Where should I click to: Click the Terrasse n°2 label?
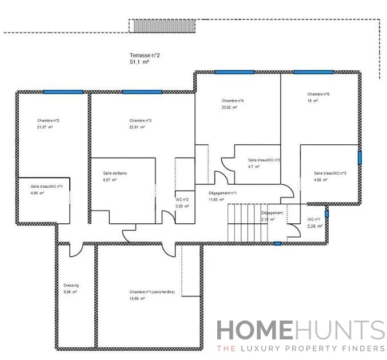[x=145, y=56]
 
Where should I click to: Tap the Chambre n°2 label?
[x=49, y=121]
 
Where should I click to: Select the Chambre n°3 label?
[x=140, y=121]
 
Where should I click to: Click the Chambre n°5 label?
[x=318, y=94]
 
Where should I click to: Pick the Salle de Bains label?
[x=114, y=173]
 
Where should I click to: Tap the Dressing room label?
[x=71, y=285]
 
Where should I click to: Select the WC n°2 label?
[x=182, y=199]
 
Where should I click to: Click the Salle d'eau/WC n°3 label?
[x=330, y=173]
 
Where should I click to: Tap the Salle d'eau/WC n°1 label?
[x=46, y=187]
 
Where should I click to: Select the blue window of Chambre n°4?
[x=234, y=72]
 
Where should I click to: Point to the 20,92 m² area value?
[x=230, y=107]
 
